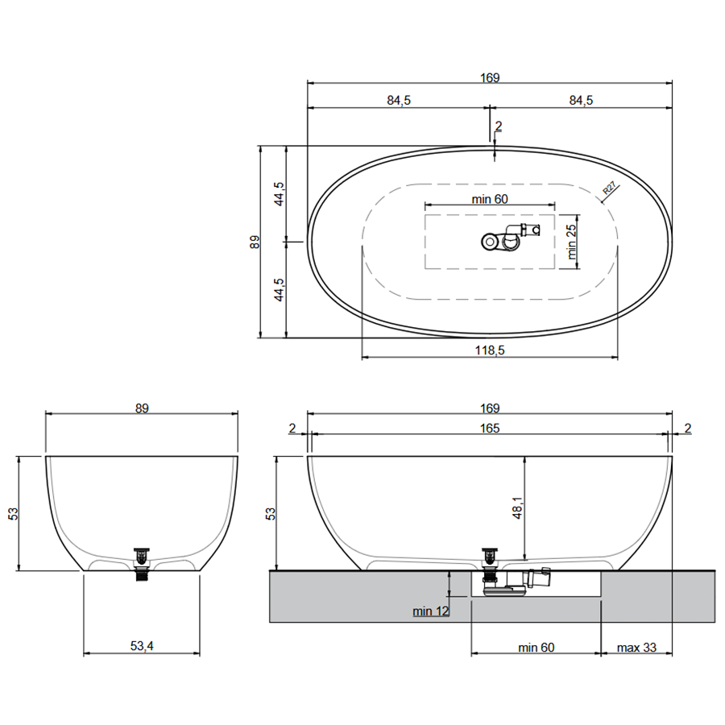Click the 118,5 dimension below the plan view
(490, 350)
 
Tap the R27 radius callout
(610, 188)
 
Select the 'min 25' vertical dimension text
(572, 242)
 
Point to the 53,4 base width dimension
(142, 646)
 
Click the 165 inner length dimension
(490, 429)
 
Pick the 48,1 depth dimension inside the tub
(517, 507)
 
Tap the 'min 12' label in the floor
(430, 611)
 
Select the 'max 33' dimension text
(636, 648)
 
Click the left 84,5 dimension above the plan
(399, 100)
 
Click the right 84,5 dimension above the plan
(581, 100)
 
